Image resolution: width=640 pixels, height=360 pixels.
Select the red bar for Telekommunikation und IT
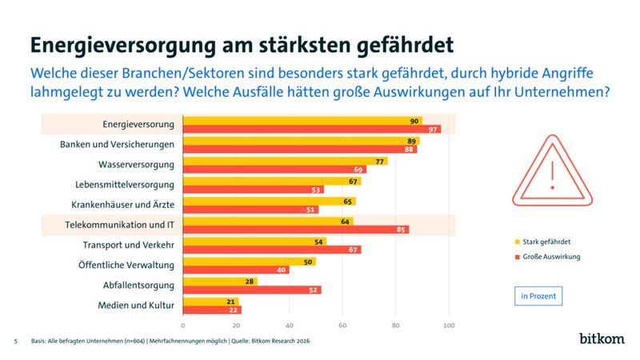(x=296, y=230)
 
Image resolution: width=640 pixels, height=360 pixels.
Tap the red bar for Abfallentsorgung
(x=252, y=290)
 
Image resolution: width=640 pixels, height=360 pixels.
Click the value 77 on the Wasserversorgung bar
(x=381, y=161)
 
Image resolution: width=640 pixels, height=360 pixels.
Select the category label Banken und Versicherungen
(x=118, y=144)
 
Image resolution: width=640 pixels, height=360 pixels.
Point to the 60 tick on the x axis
(x=342, y=326)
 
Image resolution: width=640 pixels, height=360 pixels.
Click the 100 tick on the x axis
(x=449, y=326)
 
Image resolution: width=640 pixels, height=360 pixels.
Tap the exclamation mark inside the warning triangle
(x=551, y=173)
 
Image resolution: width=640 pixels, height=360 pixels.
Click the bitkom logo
(x=602, y=338)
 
